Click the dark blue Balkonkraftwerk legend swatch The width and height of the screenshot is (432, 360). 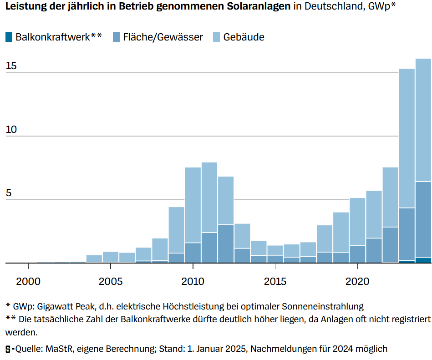[x=9, y=37]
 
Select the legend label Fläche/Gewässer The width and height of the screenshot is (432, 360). [x=163, y=37]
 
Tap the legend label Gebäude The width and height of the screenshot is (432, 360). [x=244, y=37]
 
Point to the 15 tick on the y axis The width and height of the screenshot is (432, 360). [x=11, y=66]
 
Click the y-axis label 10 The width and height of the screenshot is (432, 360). [x=11, y=130]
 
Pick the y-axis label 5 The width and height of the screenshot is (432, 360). [x=8, y=193]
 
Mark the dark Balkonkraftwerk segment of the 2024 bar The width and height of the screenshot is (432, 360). [x=423, y=260]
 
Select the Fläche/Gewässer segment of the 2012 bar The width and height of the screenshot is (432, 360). [x=226, y=243]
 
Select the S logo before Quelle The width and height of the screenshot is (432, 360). [x=8, y=349]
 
